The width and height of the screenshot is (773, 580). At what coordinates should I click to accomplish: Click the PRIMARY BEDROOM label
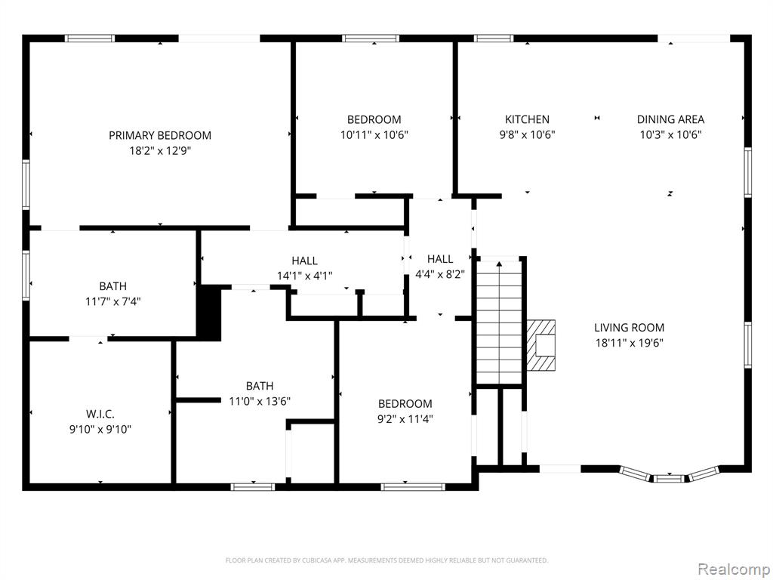point(160,135)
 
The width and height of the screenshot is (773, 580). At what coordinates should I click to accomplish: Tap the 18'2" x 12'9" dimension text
point(160,150)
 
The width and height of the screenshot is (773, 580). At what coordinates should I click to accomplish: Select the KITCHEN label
point(527,119)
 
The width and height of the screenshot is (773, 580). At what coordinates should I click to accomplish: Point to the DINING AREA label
point(670,119)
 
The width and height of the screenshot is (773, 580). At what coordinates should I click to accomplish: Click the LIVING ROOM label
point(629,328)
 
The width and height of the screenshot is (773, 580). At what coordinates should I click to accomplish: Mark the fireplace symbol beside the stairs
point(540,345)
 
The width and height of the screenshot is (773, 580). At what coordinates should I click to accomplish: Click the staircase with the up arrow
point(499,320)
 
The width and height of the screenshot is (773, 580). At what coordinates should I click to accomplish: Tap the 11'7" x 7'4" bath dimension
point(113,301)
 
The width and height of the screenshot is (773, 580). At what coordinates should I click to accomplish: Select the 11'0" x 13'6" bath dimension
point(260,401)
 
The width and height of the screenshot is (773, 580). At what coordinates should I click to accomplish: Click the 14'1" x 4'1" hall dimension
point(305,276)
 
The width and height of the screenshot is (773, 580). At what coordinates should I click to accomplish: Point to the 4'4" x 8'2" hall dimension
point(440,274)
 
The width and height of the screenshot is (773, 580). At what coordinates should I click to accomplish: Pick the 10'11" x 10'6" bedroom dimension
point(374,134)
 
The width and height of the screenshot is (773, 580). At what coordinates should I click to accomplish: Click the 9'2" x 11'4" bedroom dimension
point(405,419)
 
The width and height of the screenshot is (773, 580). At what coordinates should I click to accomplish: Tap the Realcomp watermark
point(734,569)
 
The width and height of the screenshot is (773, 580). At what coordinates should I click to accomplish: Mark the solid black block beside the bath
point(210,313)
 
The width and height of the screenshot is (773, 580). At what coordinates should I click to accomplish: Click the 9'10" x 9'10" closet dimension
point(100,430)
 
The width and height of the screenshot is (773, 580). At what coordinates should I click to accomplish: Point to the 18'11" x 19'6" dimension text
point(629,343)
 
